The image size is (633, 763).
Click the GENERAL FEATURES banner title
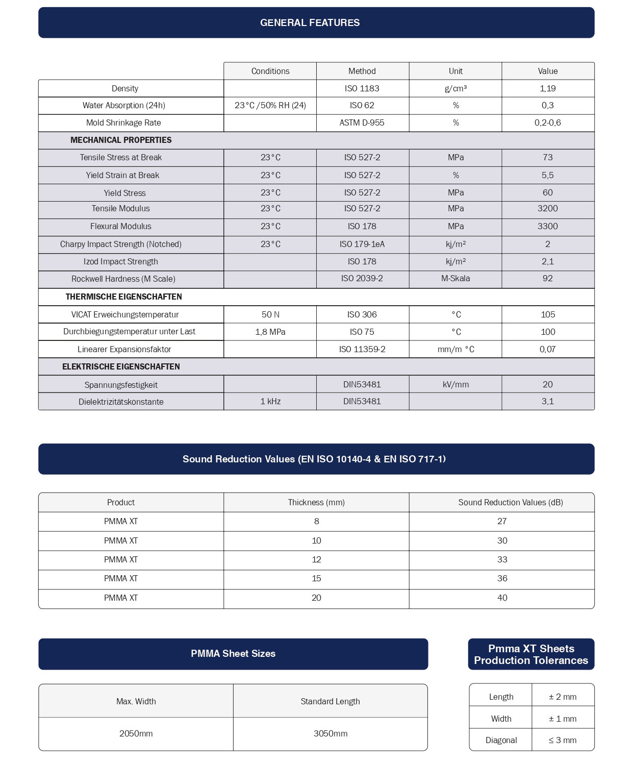[x=310, y=22]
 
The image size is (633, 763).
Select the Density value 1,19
[x=547, y=88]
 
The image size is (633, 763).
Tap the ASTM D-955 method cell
[x=362, y=122]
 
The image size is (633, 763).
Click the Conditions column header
[x=270, y=71]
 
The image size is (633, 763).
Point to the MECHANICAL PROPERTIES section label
[x=121, y=140]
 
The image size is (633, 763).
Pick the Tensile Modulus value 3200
[x=547, y=208]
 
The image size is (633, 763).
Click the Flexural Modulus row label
[x=120, y=226]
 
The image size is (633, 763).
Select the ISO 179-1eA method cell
[x=362, y=244]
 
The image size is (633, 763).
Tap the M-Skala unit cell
[x=455, y=278]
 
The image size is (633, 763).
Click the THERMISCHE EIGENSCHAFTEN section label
[x=123, y=297]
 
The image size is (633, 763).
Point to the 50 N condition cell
[x=270, y=314]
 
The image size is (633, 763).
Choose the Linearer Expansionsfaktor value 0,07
[x=547, y=349]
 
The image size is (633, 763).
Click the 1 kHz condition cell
[x=270, y=401]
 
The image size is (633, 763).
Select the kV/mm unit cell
[x=455, y=384]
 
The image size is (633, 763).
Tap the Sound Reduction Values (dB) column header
[x=510, y=502]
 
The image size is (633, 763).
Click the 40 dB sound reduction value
[x=502, y=598]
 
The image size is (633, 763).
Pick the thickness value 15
[x=316, y=578]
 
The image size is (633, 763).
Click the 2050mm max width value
[x=136, y=733]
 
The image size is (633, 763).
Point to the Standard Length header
[x=330, y=701]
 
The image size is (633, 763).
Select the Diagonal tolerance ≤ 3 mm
[x=562, y=740]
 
